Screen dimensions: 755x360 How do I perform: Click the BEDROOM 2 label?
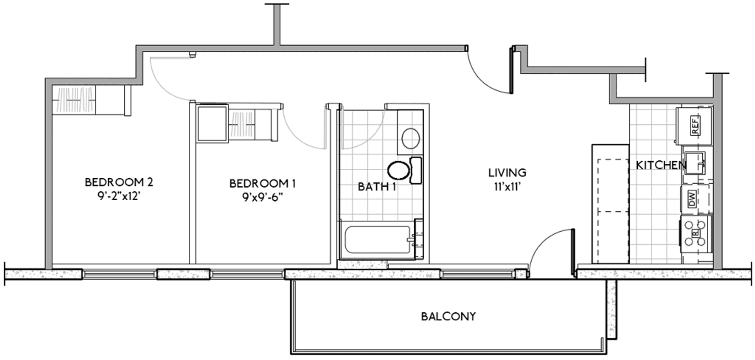pyautogui.click(x=119, y=182)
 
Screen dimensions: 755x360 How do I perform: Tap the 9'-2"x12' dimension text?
pyautogui.click(x=119, y=196)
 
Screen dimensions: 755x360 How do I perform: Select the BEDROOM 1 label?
pyautogui.click(x=262, y=183)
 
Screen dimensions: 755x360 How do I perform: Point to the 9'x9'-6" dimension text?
pyautogui.click(x=262, y=197)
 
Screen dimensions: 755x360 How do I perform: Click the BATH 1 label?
pyautogui.click(x=377, y=186)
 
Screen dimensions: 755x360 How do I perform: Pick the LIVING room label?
pyautogui.click(x=507, y=172)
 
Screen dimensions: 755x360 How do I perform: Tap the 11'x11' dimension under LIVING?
pyautogui.click(x=507, y=187)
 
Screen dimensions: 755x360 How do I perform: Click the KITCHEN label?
pyautogui.click(x=661, y=165)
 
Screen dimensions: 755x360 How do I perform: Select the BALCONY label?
pyautogui.click(x=448, y=316)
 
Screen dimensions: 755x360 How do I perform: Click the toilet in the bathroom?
pyautogui.click(x=404, y=170)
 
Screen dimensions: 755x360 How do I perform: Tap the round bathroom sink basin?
pyautogui.click(x=411, y=138)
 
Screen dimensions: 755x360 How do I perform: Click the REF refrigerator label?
pyautogui.click(x=695, y=126)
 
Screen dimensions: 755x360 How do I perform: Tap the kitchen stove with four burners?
pyautogui.click(x=696, y=234)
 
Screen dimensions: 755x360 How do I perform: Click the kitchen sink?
pyautogui.click(x=695, y=162)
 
